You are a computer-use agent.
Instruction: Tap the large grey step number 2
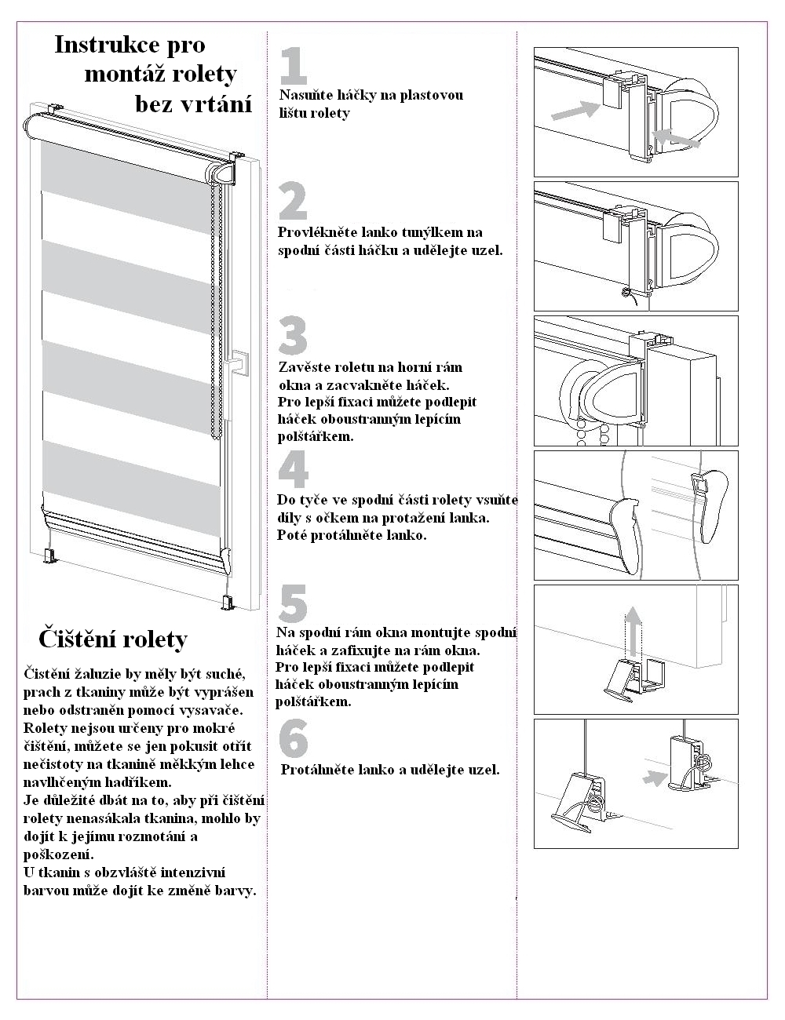tap(294, 201)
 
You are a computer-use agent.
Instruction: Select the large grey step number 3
tap(294, 336)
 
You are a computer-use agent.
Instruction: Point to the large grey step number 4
tap(294, 469)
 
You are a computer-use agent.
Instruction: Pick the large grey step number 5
tap(294, 604)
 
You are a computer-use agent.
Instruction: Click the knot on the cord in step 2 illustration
tap(626, 293)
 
